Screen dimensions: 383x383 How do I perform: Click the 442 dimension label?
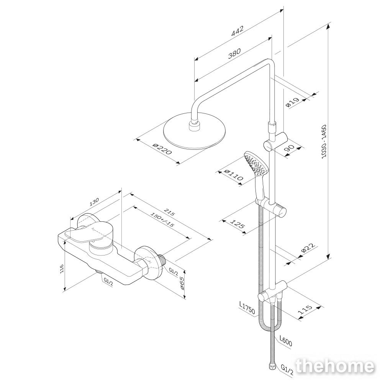[x=237, y=31]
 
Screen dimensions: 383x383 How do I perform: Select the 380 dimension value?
[x=234, y=54]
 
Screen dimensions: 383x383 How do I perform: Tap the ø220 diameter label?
[x=162, y=149]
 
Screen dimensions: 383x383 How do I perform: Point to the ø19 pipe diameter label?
[x=292, y=102]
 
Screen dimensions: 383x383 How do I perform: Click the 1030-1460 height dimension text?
[x=324, y=142]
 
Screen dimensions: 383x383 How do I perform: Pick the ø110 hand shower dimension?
[x=234, y=175]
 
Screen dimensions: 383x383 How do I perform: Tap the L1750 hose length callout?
[x=247, y=308]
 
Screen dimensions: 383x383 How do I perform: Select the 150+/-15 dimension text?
[x=162, y=219]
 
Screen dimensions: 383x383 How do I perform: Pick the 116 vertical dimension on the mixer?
[x=62, y=269]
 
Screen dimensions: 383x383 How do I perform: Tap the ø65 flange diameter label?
[x=182, y=283]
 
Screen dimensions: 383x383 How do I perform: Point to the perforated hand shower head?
[x=256, y=164]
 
